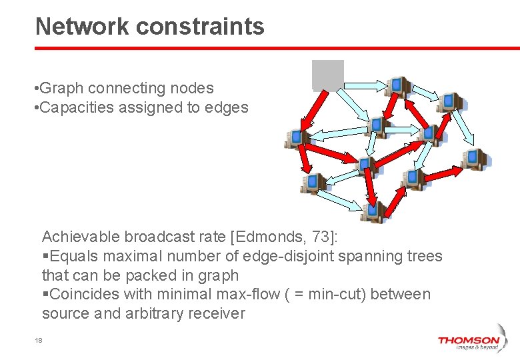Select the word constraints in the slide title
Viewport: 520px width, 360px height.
201,27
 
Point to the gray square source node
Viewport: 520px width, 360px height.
328,75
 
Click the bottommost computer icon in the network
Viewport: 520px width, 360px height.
372,212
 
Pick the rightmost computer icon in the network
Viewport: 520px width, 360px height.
476,159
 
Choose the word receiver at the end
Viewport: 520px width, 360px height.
218,313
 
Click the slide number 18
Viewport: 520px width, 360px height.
39,341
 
